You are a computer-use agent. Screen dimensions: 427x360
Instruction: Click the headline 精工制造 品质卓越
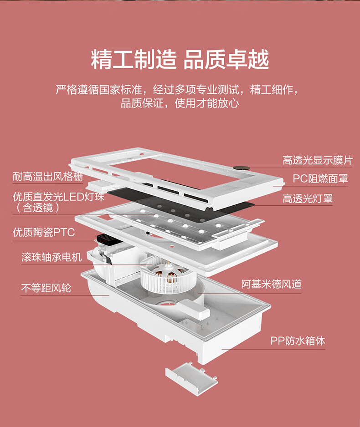click(180, 60)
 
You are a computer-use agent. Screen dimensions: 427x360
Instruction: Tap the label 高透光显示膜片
click(317, 160)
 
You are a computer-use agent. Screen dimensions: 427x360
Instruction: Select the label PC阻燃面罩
click(320, 178)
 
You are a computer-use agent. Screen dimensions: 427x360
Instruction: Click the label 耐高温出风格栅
click(48, 176)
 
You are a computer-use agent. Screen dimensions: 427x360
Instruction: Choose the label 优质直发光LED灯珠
click(59, 198)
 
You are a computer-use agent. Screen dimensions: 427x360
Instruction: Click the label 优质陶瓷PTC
click(43, 233)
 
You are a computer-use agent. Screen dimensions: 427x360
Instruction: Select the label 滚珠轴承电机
click(51, 257)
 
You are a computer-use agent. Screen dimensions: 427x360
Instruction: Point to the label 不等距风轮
click(46, 288)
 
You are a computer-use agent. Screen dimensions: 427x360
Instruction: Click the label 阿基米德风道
click(271, 285)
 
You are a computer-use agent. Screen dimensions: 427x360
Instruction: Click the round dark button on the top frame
click(238, 168)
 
